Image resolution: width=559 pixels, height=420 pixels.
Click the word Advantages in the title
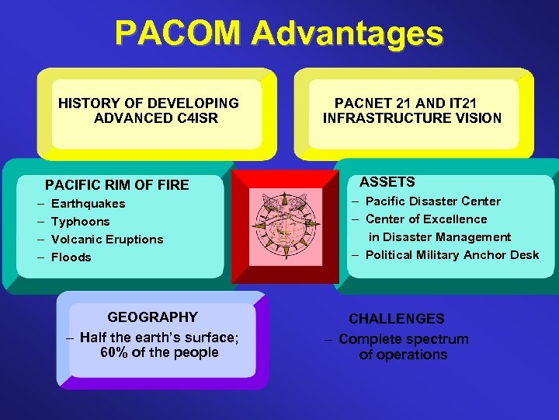tap(347, 34)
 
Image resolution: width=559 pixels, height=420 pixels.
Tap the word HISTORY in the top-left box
tap(88, 103)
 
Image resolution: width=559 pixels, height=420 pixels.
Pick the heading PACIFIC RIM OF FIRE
tap(116, 185)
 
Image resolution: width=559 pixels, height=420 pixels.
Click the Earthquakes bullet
tap(88, 204)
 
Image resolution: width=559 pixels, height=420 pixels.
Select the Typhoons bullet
tap(80, 222)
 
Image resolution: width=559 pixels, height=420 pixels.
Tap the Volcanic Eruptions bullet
tap(107, 240)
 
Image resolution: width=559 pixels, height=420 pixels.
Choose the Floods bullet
tap(71, 257)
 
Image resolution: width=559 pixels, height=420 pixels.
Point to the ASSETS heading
tap(387, 182)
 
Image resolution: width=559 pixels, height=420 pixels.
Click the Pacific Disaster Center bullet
tap(432, 201)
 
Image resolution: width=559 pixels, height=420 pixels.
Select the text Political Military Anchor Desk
tap(452, 255)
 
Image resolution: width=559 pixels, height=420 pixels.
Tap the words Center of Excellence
tap(426, 219)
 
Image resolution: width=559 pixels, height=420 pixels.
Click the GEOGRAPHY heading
tap(152, 317)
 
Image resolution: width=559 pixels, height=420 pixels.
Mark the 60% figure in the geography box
tap(115, 352)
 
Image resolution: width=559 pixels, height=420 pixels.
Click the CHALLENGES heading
tap(397, 319)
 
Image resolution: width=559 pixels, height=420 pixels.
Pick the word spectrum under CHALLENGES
tap(439, 339)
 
